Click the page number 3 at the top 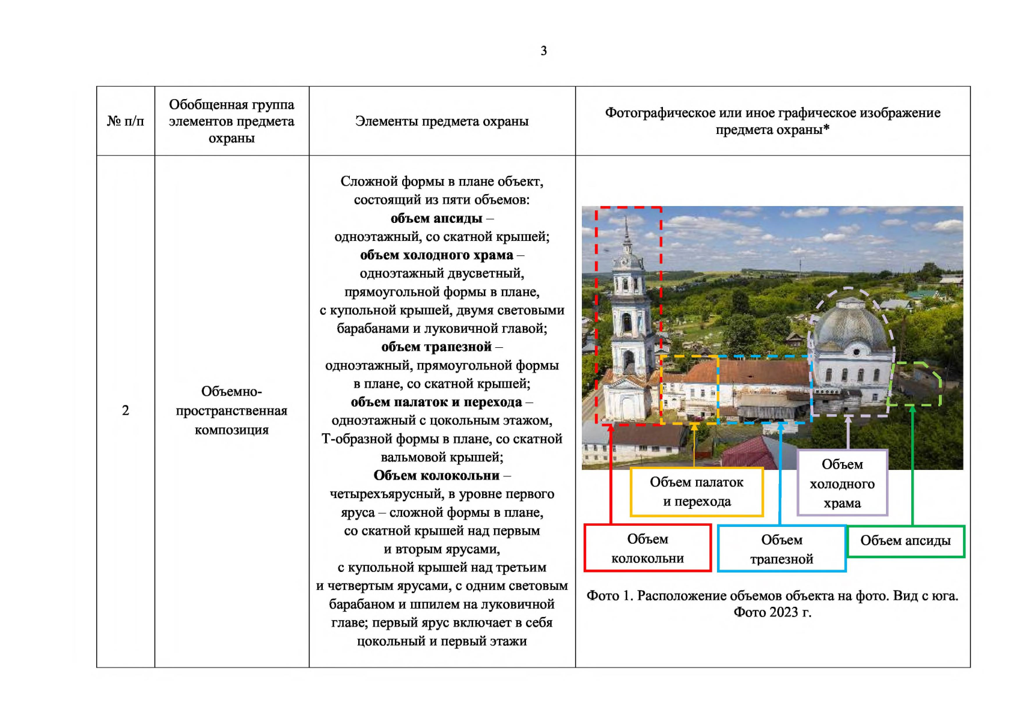tap(544, 50)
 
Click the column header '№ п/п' tap(125, 121)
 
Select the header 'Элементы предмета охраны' tap(442, 121)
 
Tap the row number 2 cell tap(125, 410)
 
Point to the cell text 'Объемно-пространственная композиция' tap(231, 410)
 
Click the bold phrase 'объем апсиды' tap(436, 219)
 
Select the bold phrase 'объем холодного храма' tap(436, 255)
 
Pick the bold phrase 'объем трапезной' tap(436, 347)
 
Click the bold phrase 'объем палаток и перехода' tap(436, 402)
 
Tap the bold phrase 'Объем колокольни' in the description tap(436, 475)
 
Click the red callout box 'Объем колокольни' tap(647, 548)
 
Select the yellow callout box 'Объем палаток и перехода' tap(697, 491)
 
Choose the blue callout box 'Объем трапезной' tap(781, 549)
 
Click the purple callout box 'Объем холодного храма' tap(842, 483)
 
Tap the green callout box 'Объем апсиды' tap(905, 541)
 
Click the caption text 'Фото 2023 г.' tap(772, 612)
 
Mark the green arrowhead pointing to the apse tap(912, 409)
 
